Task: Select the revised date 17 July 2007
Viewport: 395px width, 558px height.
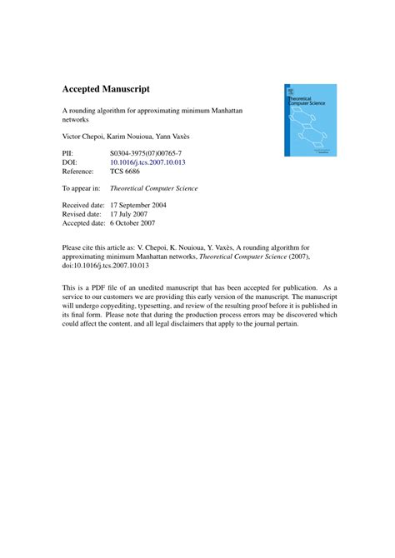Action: [136, 214]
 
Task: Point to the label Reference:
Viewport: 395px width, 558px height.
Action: [82, 174]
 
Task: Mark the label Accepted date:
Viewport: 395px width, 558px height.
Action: [85, 223]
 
